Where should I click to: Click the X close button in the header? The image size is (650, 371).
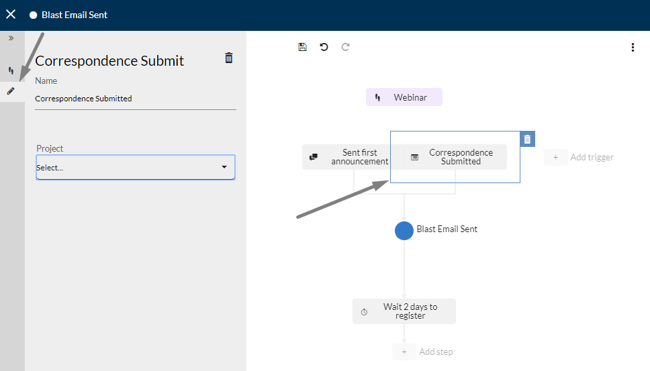(x=11, y=15)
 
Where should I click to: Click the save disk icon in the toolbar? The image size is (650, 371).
(x=303, y=47)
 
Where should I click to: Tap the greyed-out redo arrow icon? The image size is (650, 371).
(x=345, y=47)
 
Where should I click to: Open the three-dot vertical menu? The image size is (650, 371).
(x=633, y=47)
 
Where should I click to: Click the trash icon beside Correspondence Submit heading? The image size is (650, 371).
(x=229, y=58)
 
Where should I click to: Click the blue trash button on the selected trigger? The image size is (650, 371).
(x=527, y=139)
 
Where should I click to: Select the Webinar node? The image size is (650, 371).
(x=404, y=97)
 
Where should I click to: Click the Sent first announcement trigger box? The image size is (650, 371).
(x=353, y=157)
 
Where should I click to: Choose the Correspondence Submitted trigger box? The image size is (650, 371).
(x=455, y=157)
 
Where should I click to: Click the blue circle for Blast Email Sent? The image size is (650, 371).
(x=404, y=231)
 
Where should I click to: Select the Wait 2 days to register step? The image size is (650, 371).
(x=404, y=311)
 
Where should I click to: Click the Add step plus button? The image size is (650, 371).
(x=404, y=352)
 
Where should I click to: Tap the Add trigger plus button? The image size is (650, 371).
(x=555, y=158)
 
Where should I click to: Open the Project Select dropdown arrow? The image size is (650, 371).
(x=224, y=167)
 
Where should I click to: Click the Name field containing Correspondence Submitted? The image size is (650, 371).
(x=136, y=99)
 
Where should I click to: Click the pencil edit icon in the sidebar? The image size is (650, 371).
(x=11, y=91)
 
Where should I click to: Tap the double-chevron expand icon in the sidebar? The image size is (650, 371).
(x=11, y=38)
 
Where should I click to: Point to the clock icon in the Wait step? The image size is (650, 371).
(x=364, y=312)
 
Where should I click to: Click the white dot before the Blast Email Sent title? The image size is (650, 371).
(x=33, y=15)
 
